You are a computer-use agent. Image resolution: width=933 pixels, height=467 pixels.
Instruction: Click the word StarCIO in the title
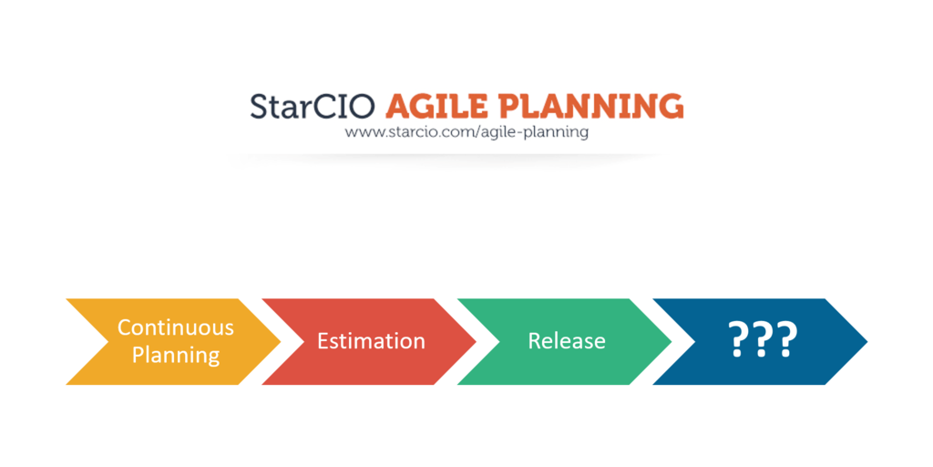[312, 106]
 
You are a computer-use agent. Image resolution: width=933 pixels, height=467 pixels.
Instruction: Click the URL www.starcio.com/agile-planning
[466, 132]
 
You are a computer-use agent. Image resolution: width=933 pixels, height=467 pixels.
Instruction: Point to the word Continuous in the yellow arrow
[176, 327]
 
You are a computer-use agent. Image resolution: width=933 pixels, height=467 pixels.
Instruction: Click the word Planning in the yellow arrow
[176, 355]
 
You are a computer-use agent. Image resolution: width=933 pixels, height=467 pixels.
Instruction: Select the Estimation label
[371, 341]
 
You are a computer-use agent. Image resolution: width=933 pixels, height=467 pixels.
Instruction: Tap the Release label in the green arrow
[567, 341]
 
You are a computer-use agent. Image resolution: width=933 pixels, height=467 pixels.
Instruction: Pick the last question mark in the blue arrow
[787, 341]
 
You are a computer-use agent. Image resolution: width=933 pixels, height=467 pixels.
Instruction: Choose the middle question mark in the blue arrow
[764, 341]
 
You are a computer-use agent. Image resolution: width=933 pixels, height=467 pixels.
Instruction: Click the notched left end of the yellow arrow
[91, 341]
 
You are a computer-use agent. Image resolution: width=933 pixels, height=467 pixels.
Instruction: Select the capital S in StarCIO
[260, 106]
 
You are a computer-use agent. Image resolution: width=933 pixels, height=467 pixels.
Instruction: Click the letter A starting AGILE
[398, 106]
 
